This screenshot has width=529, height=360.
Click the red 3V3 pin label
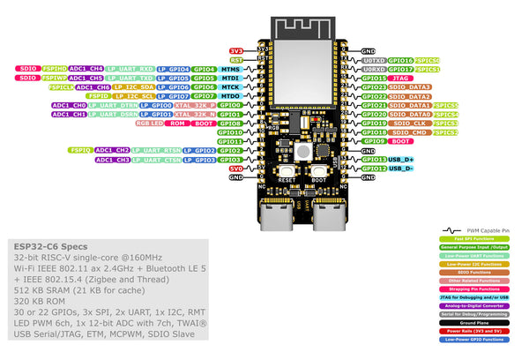coord(235,51)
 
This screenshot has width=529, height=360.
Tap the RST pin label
coord(235,60)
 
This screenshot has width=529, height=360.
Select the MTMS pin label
coord(231,69)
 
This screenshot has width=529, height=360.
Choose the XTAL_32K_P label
coord(196,105)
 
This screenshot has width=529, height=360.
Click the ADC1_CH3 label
coord(114,160)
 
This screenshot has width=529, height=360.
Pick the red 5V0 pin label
coord(235,169)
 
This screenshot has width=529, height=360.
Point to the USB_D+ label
coord(402,160)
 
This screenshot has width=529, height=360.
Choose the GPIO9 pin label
coord(374,141)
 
